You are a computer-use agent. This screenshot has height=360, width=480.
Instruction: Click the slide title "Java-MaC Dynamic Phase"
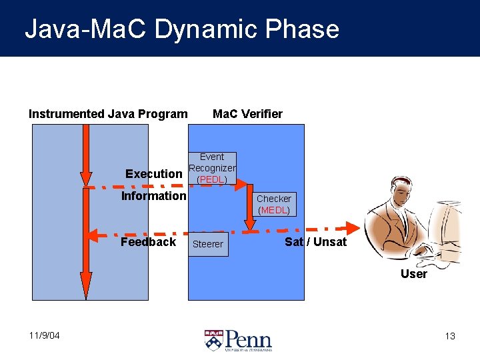181,29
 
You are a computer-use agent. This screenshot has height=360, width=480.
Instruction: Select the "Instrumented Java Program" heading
108,114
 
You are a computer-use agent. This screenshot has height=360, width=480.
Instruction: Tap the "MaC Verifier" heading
247,114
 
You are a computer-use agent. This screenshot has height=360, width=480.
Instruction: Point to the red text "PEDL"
212,180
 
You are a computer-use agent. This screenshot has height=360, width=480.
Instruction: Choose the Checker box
273,204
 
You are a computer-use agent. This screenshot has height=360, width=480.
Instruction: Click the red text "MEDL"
273,210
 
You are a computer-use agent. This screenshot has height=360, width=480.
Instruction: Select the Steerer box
208,244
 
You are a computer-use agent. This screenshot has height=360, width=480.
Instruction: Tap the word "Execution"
153,174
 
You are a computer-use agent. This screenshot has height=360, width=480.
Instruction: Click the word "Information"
153,196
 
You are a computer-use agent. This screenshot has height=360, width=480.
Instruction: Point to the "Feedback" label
148,242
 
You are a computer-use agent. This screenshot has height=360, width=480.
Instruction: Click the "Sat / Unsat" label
315,242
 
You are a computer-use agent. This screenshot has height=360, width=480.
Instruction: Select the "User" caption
413,273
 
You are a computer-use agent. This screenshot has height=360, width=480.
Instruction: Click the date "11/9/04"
44,335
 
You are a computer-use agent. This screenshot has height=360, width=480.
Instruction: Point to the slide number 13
450,336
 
